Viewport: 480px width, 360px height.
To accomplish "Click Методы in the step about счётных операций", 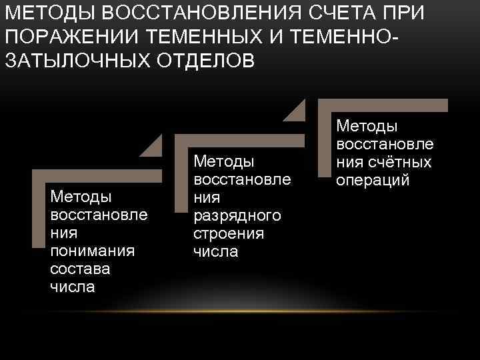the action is pyautogui.click(x=367, y=126).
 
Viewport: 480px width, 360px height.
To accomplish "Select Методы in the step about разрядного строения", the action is pyautogui.click(x=224, y=161).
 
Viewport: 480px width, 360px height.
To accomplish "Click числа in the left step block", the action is pyautogui.click(x=72, y=287).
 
